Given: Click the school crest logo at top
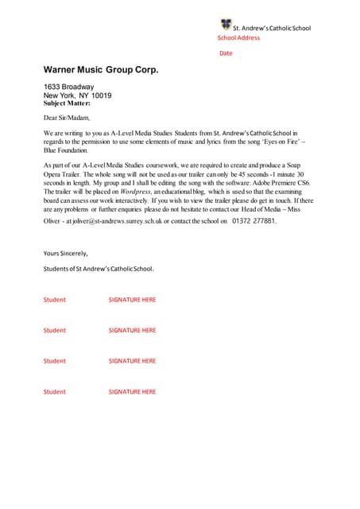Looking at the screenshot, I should click(x=226, y=25).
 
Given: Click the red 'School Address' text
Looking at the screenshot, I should click(x=239, y=37).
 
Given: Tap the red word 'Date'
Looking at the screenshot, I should click(x=226, y=53).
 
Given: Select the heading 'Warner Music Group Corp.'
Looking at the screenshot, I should click(x=101, y=71).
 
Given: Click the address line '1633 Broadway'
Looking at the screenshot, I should click(x=68, y=87).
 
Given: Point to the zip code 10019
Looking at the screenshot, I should click(x=101, y=95).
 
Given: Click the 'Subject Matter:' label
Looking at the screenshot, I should click(x=67, y=103).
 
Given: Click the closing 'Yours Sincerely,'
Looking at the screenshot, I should click(x=66, y=253).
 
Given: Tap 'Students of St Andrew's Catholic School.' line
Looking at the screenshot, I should click(x=99, y=269).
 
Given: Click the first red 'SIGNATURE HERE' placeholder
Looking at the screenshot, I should click(x=132, y=300).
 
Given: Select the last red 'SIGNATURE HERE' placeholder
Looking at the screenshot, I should click(x=132, y=391).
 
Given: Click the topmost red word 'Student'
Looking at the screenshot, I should click(x=55, y=300).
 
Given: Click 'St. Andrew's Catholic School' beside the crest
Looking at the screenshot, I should click(x=272, y=28).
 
